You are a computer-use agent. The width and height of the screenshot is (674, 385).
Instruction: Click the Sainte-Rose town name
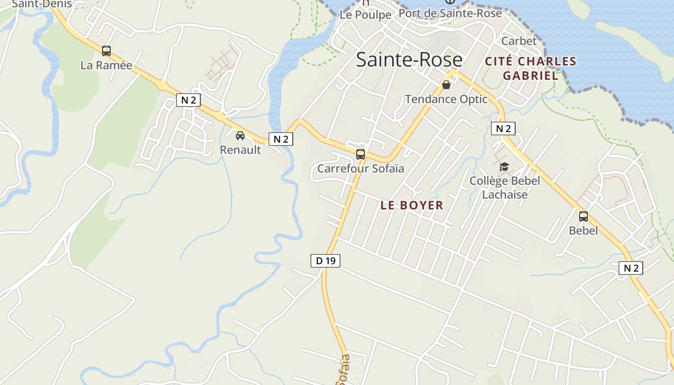(x=409, y=60)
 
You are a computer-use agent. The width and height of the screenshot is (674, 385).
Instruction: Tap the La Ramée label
(x=106, y=65)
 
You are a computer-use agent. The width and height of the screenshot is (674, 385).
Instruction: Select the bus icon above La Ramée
(x=106, y=51)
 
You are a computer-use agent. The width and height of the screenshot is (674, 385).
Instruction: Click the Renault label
(x=240, y=150)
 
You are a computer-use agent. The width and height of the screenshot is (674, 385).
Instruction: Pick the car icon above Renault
(x=240, y=136)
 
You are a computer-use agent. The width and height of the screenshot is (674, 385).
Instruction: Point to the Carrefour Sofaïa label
(x=361, y=168)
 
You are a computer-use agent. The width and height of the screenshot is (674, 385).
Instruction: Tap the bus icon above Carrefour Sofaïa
(x=361, y=154)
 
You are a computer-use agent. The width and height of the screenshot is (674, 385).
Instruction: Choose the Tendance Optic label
(x=446, y=99)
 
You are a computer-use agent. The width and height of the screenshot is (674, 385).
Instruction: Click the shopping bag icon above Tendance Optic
(x=446, y=85)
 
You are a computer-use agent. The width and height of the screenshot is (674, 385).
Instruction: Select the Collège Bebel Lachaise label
(x=505, y=188)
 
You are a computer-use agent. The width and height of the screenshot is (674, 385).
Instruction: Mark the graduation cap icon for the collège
(x=504, y=167)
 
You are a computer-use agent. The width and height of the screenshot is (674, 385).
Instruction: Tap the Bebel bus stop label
(x=583, y=231)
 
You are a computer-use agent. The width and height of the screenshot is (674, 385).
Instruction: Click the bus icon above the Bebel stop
(x=583, y=217)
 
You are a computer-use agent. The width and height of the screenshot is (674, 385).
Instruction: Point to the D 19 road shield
(x=325, y=261)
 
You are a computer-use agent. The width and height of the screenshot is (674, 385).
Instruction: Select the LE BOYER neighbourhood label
(x=412, y=205)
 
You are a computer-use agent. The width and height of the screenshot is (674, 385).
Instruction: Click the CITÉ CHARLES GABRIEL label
(x=531, y=68)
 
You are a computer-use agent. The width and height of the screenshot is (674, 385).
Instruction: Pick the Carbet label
(x=519, y=41)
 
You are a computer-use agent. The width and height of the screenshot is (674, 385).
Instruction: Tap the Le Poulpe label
(x=365, y=15)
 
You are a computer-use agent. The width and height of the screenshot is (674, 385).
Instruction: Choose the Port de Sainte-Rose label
(x=450, y=13)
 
